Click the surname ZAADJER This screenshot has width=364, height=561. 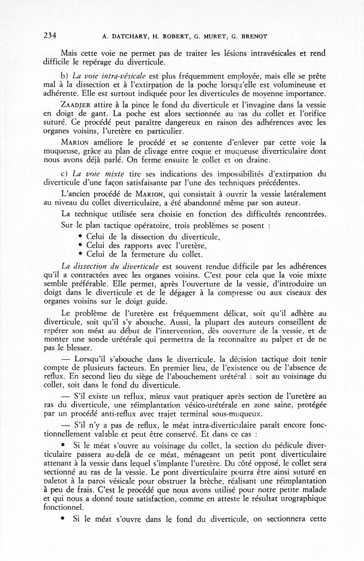coord(78,104)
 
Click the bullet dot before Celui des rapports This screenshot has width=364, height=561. coord(80,246)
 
